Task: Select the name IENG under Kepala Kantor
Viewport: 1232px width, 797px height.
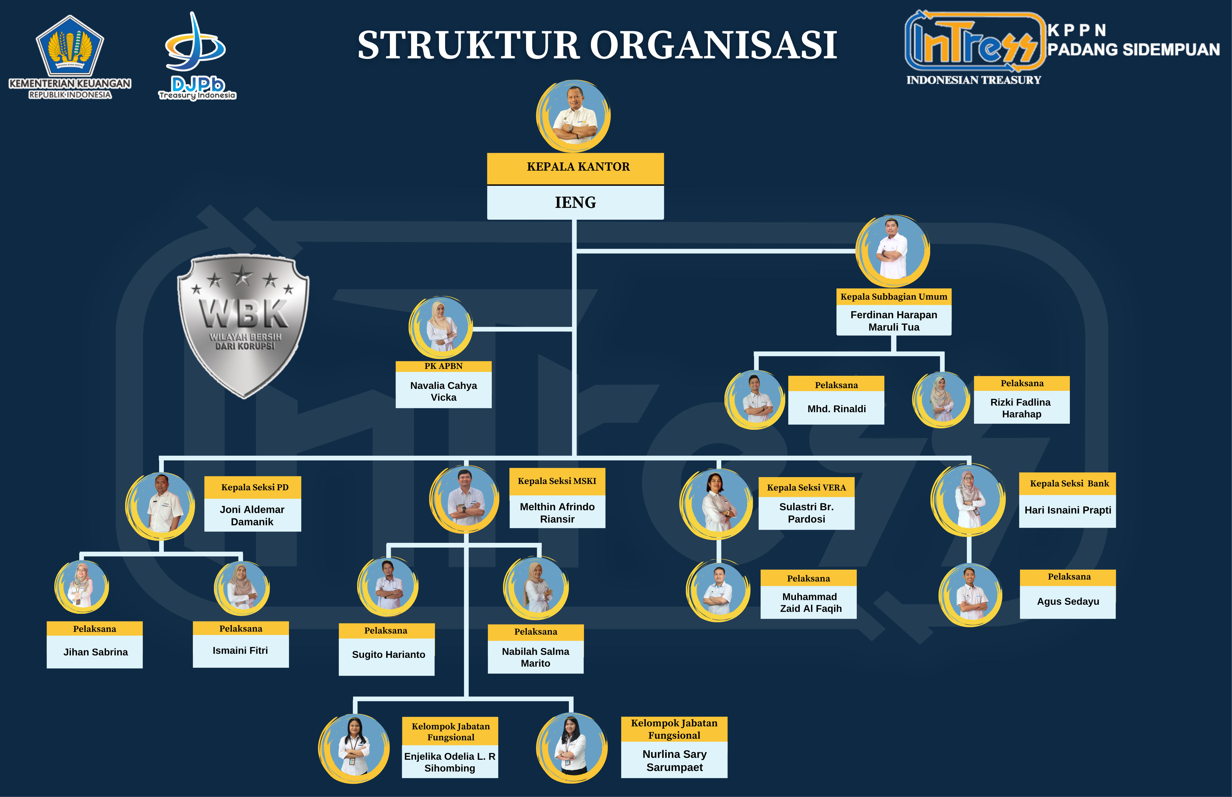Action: coord(575,202)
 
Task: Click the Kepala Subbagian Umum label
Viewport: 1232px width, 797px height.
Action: coord(894,297)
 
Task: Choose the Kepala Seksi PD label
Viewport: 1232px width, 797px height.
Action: coord(254,487)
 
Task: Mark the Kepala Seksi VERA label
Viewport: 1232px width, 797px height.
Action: coord(806,488)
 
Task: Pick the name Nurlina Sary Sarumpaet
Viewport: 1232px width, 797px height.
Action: coord(674,761)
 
